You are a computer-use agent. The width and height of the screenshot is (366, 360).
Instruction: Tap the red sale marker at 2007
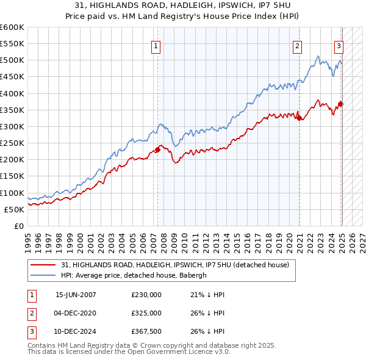(157, 149)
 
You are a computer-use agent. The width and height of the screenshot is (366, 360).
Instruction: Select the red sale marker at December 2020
(300, 118)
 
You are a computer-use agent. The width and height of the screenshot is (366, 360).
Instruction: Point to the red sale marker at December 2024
(341, 104)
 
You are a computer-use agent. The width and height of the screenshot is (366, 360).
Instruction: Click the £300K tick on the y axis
(12, 126)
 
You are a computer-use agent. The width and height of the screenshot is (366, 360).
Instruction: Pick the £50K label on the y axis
(14, 209)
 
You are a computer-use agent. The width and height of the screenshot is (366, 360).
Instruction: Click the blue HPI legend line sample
(43, 275)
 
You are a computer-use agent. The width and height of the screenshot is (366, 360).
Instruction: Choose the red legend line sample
(43, 265)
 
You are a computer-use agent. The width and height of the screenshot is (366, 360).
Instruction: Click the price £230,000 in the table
(146, 295)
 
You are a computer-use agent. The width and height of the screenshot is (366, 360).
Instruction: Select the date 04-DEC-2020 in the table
(76, 313)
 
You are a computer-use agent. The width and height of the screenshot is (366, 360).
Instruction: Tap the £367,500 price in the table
(146, 331)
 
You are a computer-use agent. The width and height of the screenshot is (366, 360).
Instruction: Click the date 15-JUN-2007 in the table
(76, 295)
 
